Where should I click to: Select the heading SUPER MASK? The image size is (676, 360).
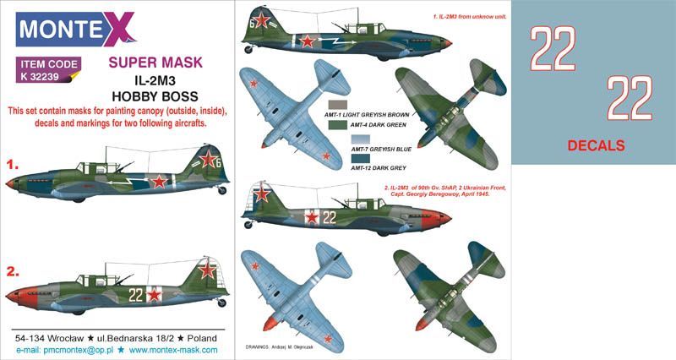155,62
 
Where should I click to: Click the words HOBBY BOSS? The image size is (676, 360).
155,96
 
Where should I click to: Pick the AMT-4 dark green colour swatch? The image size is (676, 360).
336,123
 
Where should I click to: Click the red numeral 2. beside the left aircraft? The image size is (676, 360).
12,272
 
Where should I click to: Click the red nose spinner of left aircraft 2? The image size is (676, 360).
12,296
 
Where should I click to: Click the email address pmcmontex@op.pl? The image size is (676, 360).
76,349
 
